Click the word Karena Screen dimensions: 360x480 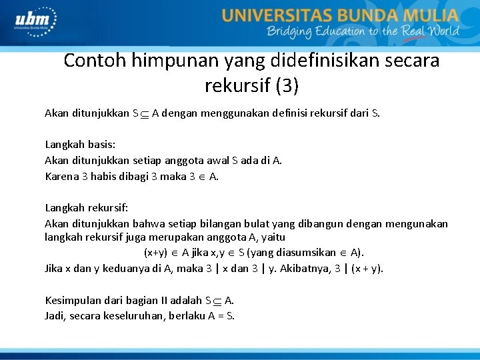click(x=61, y=177)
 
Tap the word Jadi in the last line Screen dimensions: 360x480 click(x=55, y=315)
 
